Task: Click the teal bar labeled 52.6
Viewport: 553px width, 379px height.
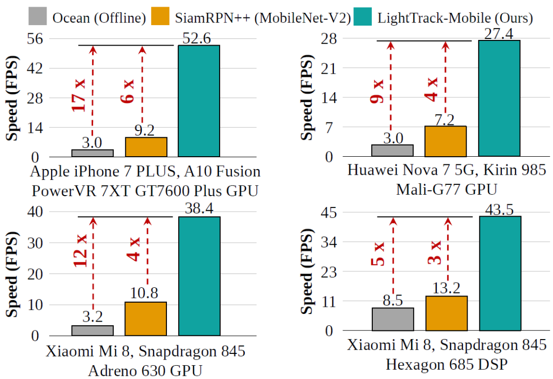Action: coord(199,101)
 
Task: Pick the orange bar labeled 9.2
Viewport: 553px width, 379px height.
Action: coord(146,147)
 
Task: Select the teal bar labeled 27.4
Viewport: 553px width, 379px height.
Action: coord(499,98)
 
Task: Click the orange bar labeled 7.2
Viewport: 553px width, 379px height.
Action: coord(445,141)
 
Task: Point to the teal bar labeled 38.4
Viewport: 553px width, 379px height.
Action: coord(199,277)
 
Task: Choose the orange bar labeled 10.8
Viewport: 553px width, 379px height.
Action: coord(146,319)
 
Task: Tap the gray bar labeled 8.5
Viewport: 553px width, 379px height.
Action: coord(393,319)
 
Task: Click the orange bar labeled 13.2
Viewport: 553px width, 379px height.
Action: coord(446,313)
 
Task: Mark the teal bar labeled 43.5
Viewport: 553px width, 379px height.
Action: coord(500,273)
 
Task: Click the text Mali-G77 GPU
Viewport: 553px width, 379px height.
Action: coord(446,190)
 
